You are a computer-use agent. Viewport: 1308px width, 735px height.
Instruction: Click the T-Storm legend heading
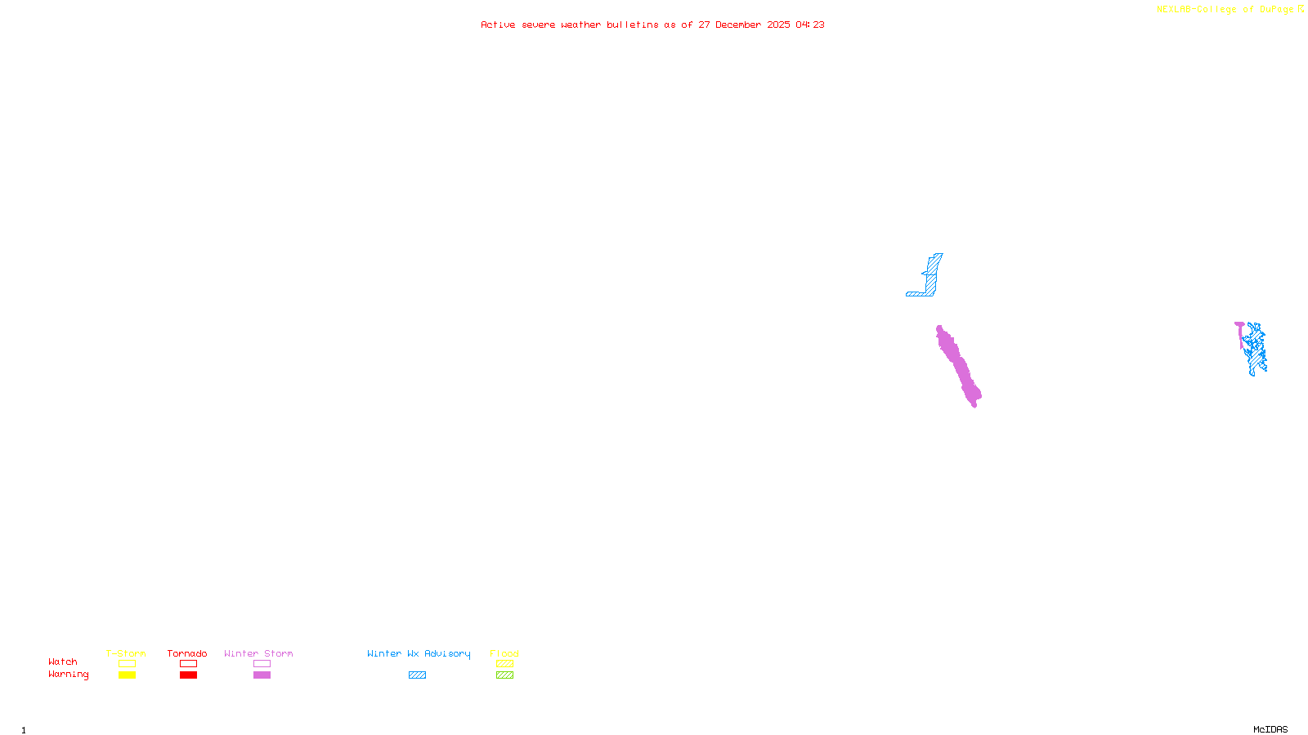[126, 653]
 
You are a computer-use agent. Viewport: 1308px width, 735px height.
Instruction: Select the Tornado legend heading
[187, 653]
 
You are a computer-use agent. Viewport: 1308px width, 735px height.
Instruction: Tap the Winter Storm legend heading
[258, 653]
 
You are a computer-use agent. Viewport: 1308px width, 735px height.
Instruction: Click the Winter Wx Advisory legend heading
[419, 653]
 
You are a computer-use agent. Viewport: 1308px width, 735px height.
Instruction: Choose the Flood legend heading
[504, 653]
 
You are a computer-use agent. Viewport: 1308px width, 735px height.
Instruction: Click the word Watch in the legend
[63, 662]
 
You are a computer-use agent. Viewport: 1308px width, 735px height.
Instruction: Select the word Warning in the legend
[68, 675]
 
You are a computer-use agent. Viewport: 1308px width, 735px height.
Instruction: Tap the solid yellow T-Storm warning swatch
[127, 675]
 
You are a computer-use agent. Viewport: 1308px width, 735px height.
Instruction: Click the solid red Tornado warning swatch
[188, 675]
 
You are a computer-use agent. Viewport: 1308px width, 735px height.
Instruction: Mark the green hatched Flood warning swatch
[504, 675]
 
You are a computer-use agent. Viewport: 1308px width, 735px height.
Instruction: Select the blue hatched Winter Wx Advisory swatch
[417, 675]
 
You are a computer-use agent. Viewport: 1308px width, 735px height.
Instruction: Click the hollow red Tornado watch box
[188, 664]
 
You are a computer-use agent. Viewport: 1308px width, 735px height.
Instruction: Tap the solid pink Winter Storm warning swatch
[262, 675]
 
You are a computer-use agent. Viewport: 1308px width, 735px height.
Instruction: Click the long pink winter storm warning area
[958, 366]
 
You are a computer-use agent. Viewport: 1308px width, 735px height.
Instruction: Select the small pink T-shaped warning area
[1240, 327]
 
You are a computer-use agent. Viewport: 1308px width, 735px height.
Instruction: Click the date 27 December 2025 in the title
[744, 24]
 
